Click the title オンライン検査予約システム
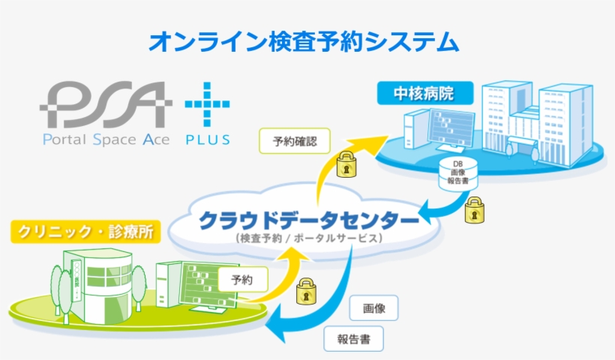point(303,42)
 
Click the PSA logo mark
point(100,104)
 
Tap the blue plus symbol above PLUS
point(207,104)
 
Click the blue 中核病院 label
point(424,94)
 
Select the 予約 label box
point(242,280)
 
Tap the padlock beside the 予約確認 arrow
point(345,164)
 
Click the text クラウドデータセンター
point(308,221)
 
